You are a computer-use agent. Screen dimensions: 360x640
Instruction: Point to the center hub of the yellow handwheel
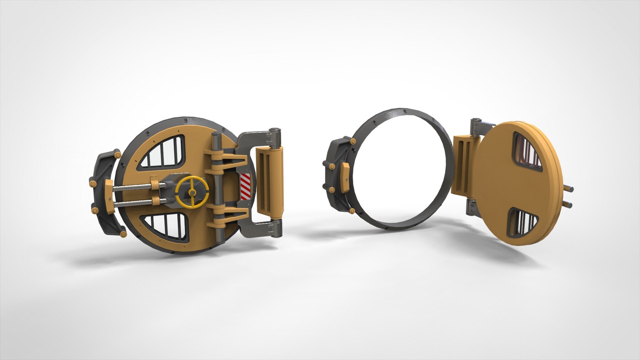192,192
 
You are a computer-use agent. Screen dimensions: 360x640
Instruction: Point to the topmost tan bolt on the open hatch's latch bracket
353,142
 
